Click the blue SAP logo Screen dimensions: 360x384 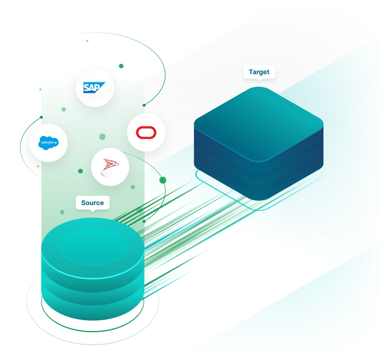(x=94, y=87)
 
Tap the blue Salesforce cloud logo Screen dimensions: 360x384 (x=48, y=143)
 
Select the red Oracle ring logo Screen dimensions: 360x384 (x=146, y=133)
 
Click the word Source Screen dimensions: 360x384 (x=92, y=203)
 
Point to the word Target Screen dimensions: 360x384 (x=259, y=72)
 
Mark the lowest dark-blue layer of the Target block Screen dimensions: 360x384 (x=259, y=188)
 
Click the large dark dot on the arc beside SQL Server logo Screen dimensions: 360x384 (x=162, y=180)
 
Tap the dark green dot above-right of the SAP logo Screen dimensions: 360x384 (x=121, y=66)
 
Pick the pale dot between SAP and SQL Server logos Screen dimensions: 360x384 (x=102, y=136)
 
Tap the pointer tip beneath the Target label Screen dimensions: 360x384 (x=259, y=80)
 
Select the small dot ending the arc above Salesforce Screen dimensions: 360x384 (x=41, y=117)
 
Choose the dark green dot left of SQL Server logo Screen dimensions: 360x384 (x=80, y=171)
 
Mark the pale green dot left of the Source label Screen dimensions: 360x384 (x=62, y=212)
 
